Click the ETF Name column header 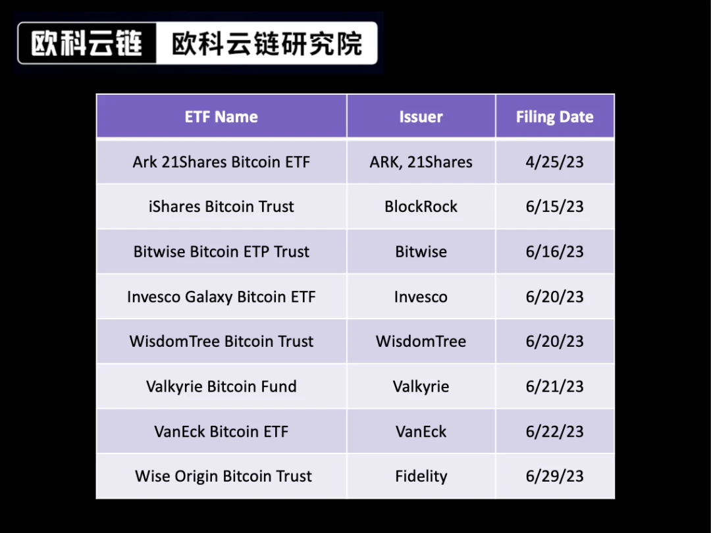click(221, 117)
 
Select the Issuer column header click(421, 117)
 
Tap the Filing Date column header click(554, 117)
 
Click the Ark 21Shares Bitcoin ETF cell click(221, 162)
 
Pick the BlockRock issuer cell click(421, 207)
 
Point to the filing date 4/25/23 click(554, 162)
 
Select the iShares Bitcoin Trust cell click(221, 207)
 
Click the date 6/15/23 click(554, 207)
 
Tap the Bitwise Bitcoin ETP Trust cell click(221, 251)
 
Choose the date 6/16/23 click(554, 251)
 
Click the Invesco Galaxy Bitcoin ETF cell click(221, 297)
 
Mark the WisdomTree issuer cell click(421, 342)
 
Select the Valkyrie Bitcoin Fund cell click(221, 386)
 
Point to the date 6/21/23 click(554, 386)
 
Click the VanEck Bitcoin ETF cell click(221, 432)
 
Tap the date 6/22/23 click(554, 432)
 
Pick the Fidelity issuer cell click(421, 476)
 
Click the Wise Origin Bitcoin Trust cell click(223, 476)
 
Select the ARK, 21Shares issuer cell click(421, 162)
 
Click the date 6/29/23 click(554, 476)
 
